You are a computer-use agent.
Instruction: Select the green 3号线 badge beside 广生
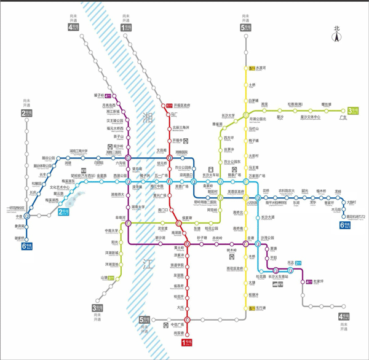(352, 110)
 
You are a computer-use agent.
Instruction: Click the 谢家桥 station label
(20, 238)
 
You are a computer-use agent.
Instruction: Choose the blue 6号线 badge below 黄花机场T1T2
(346, 225)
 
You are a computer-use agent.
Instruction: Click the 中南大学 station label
(111, 231)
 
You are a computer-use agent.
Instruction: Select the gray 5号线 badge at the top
(246, 28)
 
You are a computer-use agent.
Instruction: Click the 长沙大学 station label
(228, 115)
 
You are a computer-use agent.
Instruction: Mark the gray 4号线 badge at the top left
(74, 28)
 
